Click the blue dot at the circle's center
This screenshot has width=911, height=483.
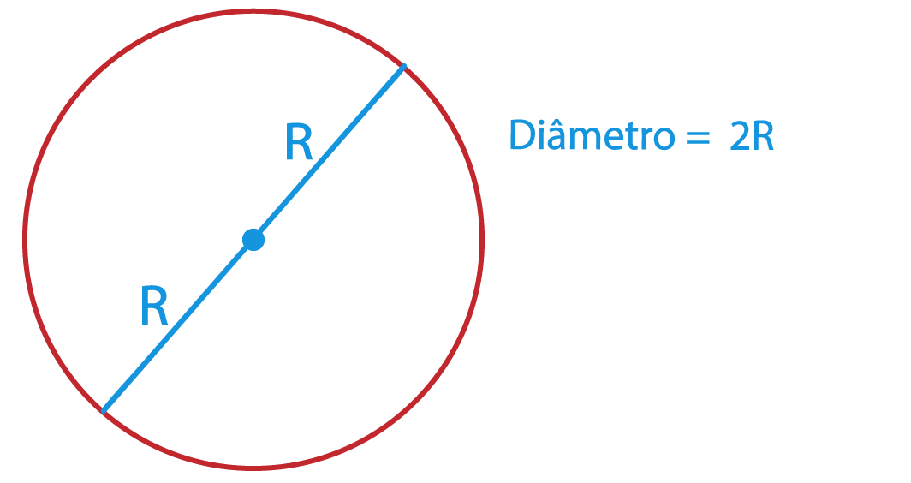[253, 240]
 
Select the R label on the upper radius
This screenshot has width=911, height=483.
[299, 140]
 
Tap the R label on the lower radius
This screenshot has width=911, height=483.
[154, 305]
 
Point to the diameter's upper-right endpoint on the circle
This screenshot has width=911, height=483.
[404, 67]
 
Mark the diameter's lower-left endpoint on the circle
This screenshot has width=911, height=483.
[104, 411]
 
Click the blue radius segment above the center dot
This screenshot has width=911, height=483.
[329, 152]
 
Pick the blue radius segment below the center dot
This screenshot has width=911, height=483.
[178, 325]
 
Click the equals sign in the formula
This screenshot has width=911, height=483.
[698, 139]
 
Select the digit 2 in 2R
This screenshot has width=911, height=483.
[740, 136]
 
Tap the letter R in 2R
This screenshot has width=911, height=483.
[763, 136]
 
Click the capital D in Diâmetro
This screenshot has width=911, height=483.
[522, 134]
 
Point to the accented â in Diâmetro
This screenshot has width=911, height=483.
[557, 134]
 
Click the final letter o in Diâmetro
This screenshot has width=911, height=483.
[664, 140]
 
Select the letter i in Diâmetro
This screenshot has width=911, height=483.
[541, 135]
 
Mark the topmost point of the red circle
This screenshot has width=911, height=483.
[253, 11]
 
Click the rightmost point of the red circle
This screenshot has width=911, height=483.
[482, 240]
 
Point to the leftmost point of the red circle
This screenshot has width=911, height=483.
[24, 240]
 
